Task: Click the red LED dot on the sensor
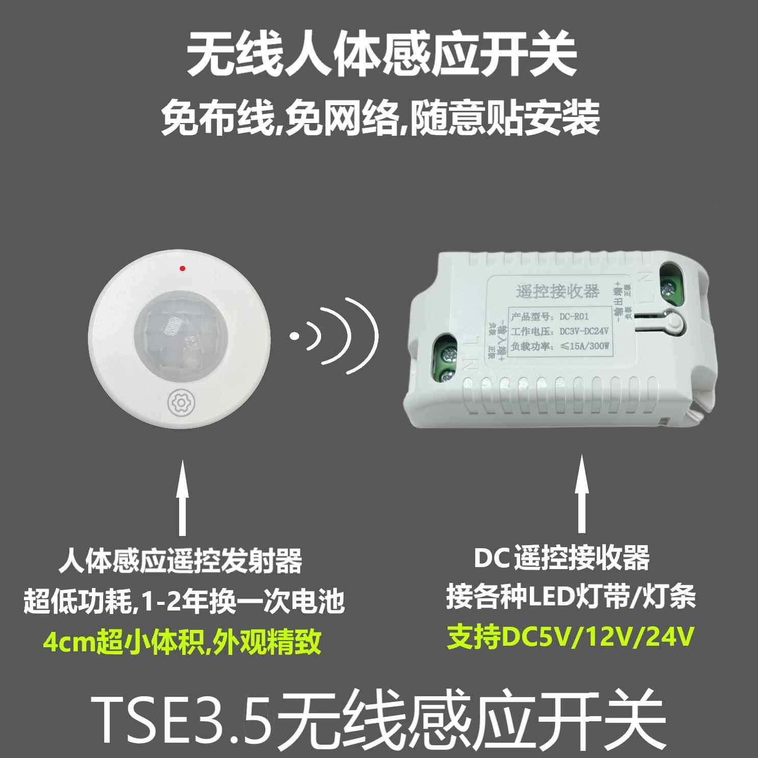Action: (x=182, y=268)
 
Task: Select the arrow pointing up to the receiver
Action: (x=580, y=495)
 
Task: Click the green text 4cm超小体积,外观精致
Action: (x=182, y=642)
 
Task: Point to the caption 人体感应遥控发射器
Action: (x=180, y=560)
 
